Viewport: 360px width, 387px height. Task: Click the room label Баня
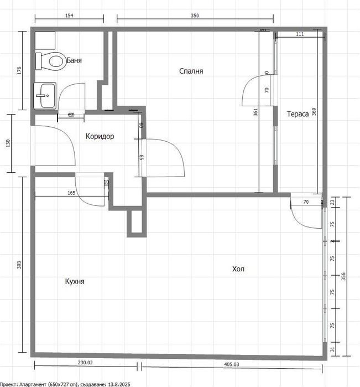click(74, 60)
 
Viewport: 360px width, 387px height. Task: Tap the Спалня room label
click(191, 71)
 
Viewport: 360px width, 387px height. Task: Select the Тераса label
click(298, 115)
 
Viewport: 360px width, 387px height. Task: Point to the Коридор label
click(100, 136)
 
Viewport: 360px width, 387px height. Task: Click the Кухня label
click(75, 281)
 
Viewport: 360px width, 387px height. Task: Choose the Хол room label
click(238, 269)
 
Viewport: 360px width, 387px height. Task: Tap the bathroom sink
click(45, 96)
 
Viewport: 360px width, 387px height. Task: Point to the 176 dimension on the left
click(18, 70)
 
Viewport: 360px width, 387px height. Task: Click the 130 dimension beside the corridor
click(8, 143)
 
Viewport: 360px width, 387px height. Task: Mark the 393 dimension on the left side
click(18, 265)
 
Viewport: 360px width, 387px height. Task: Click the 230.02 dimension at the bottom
click(85, 363)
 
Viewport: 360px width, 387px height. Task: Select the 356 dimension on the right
click(344, 276)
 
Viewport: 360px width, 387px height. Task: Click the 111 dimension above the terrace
click(300, 34)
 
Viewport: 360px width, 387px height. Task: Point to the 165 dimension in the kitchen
click(71, 193)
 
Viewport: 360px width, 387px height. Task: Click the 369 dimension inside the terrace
click(314, 111)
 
